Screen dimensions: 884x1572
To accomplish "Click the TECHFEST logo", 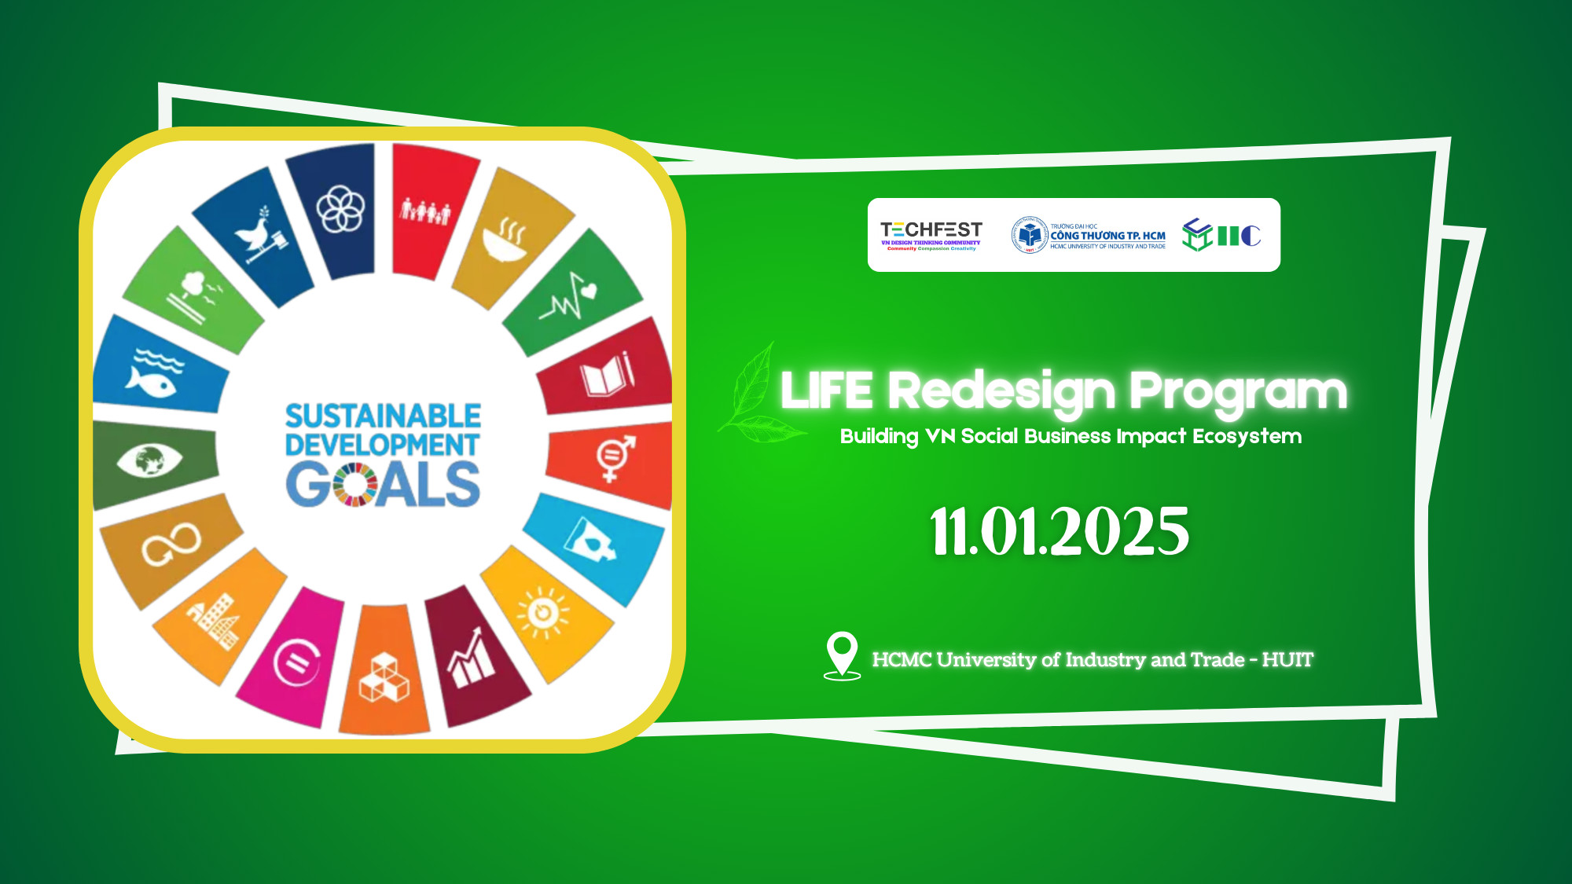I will point(931,235).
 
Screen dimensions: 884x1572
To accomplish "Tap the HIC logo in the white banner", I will point(1221,235).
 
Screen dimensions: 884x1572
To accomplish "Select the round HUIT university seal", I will point(1029,235).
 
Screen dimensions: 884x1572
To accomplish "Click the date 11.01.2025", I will point(1059,531).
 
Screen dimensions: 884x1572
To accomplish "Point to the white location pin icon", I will point(842,655).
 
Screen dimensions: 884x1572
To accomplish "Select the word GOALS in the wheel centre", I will point(383,485).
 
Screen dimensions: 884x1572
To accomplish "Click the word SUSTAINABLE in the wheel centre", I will point(383,416).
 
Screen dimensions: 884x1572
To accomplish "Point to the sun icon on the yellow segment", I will point(543,611).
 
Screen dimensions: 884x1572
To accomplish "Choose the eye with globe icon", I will point(149,460).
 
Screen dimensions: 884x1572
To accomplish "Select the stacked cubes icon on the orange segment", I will point(384,678).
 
